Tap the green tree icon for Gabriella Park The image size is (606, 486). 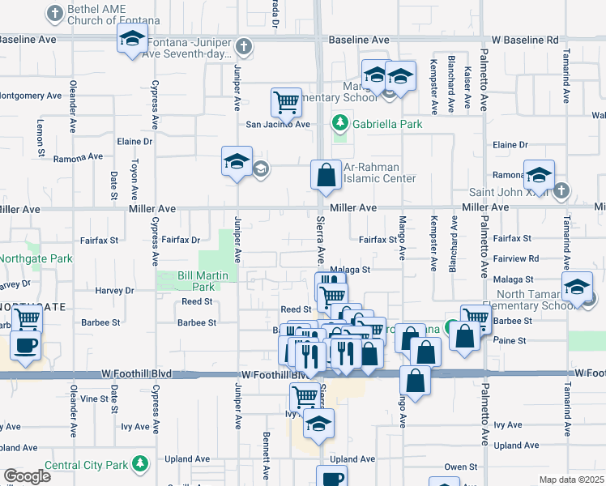pos(340,124)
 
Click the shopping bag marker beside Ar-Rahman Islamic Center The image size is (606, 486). pos(325,176)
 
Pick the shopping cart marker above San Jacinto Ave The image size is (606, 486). pos(286,103)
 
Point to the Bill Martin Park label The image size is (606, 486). pos(197,281)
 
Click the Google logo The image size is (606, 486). pos(28,476)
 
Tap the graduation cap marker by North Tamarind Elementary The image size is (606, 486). pos(577,288)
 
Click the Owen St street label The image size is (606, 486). pos(460,467)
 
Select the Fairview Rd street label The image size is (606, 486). pos(515,258)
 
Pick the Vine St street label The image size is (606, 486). pos(94,399)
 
